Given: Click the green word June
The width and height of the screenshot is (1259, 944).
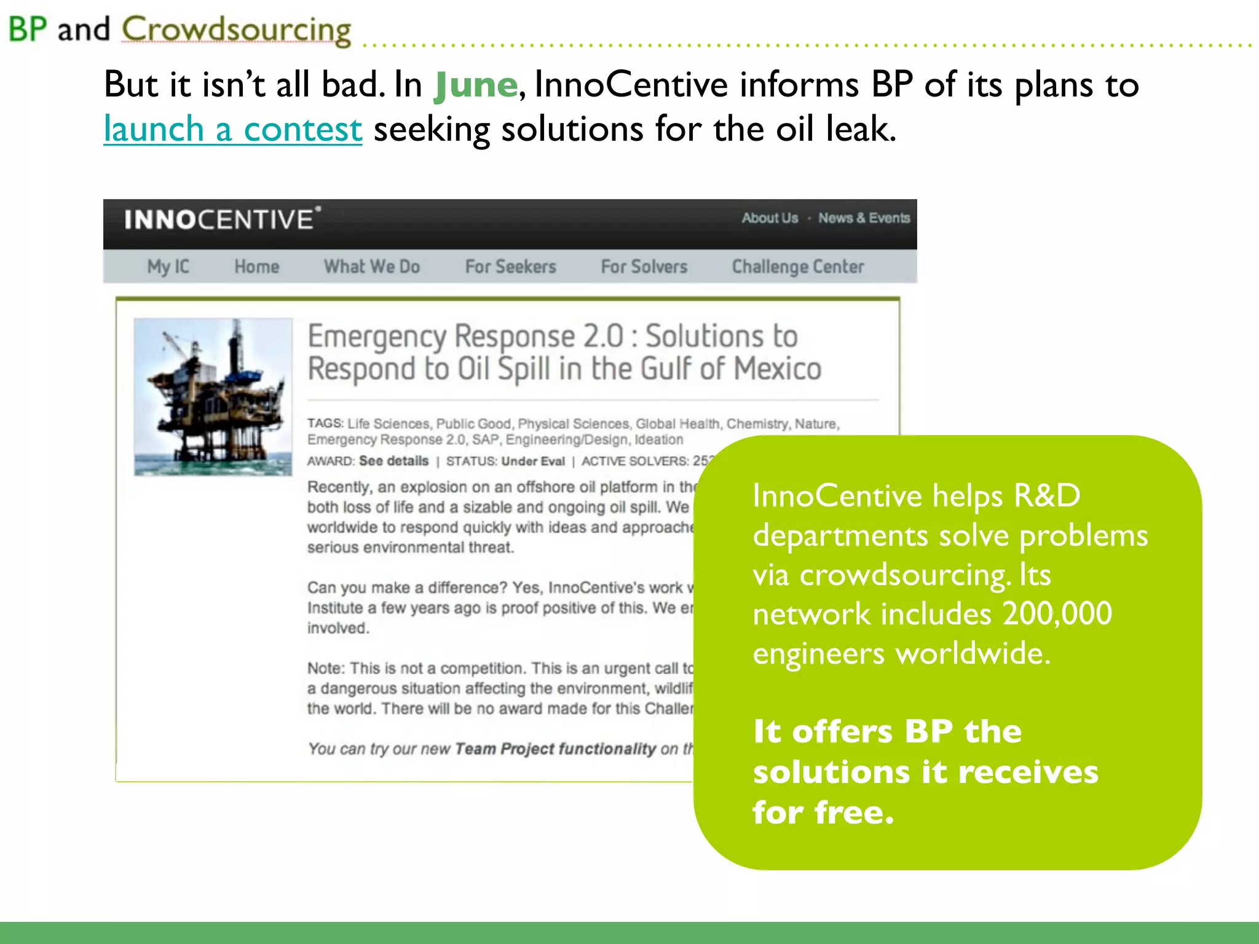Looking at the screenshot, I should coord(475,85).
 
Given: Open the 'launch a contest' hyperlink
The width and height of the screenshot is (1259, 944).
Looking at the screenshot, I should coord(232,130).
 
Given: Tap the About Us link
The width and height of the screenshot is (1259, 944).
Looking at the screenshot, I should coord(770,218).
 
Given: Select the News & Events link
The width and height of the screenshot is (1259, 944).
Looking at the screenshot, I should coord(864,218).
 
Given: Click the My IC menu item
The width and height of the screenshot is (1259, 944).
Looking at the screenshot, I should coord(168,267).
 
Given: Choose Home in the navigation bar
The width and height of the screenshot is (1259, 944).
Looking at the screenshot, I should coord(257,267).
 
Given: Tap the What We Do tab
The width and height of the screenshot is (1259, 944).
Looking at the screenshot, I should coord(372,267).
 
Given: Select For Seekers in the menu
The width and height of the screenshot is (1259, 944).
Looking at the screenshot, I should coord(510,267).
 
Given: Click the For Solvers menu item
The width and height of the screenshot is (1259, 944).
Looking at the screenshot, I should coord(644,267).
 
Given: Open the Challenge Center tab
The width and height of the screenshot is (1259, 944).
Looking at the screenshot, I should coord(797,267).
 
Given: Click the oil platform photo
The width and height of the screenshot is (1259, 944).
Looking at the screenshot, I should coord(213,396).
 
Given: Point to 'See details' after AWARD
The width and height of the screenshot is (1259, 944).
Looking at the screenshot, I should coord(393,461).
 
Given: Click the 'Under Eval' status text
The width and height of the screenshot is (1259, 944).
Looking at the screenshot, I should coord(532,462).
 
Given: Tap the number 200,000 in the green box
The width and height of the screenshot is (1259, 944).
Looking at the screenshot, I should coord(1057,613).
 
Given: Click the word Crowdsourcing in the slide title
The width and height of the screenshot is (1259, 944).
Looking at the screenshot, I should coord(237,29).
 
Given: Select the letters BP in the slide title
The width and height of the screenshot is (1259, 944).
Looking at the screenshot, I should coord(28,29).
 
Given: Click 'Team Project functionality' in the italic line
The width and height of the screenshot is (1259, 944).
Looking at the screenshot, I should coord(556,749).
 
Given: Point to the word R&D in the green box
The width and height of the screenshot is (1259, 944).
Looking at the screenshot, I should coord(1046,495).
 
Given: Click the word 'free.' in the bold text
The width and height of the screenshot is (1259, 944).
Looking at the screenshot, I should coord(854,812).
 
